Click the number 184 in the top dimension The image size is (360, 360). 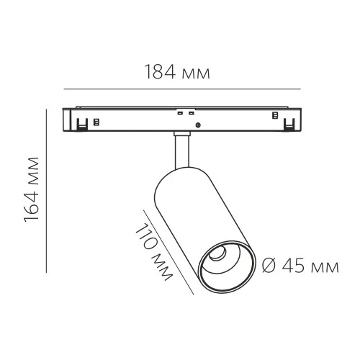pyautogui.click(x=160, y=73)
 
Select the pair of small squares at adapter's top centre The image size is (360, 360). pyautogui.click(x=185, y=112)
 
